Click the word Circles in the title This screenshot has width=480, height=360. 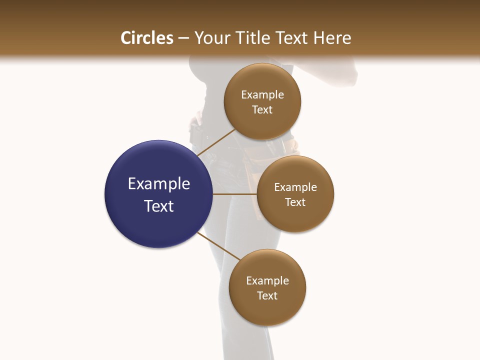click(x=147, y=38)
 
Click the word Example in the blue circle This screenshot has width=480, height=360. click(x=159, y=184)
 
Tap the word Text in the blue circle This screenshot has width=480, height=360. click(x=159, y=206)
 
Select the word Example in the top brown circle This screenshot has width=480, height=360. click(x=262, y=95)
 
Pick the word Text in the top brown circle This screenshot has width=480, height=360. click(x=262, y=110)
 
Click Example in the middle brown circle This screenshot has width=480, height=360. click(x=295, y=187)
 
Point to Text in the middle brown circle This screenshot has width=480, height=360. click(x=295, y=202)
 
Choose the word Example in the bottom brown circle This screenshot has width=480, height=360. click(x=267, y=281)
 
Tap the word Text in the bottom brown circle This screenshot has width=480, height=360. click(x=267, y=296)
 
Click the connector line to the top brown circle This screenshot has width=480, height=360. click(x=216, y=142)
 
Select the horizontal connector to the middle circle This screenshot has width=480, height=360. click(x=235, y=194)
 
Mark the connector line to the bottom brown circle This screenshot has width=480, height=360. click(x=219, y=246)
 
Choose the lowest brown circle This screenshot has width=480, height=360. click(x=267, y=312)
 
